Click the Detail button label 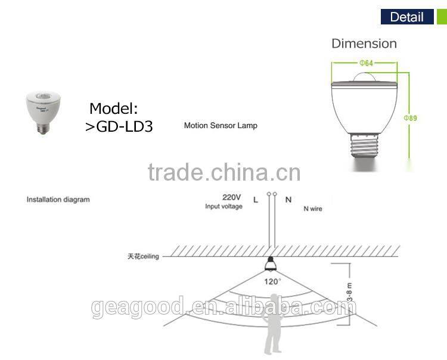[x=406, y=17]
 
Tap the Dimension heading [x=364, y=44]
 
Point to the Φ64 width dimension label [x=366, y=63]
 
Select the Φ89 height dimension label [x=411, y=119]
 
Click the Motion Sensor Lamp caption [x=221, y=126]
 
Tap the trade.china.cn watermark [x=223, y=172]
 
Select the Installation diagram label [x=58, y=200]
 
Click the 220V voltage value [x=231, y=197]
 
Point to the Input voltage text [x=223, y=206]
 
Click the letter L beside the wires [x=256, y=200]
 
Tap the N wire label [x=312, y=209]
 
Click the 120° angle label [x=272, y=281]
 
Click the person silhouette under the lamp [x=273, y=334]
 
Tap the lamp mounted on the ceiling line [x=271, y=266]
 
